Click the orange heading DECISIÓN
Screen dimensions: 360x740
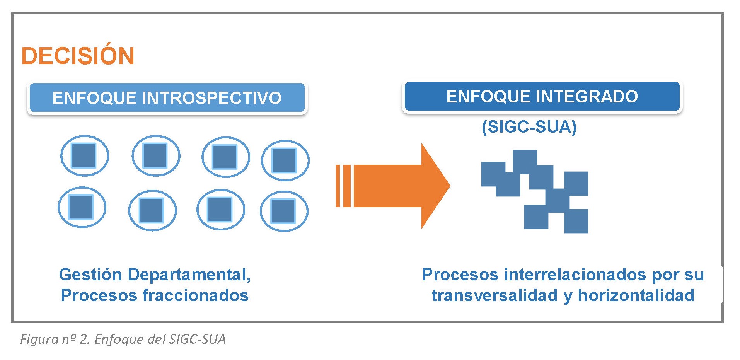pos(78,56)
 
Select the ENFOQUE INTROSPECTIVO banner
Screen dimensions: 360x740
pos(167,98)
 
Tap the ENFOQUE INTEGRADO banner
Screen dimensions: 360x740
pos(542,96)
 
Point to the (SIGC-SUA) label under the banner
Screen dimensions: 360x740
pos(529,127)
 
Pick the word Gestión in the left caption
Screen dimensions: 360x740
pos(90,275)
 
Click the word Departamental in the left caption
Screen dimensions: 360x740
pos(189,275)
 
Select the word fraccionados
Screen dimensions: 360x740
pos(196,295)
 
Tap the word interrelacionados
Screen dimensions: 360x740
pos(575,275)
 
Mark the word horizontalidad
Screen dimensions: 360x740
pos(636,295)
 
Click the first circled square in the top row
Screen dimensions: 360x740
pos(84,156)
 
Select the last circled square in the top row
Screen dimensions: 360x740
pos(285,160)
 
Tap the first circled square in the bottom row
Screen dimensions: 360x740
pos(82,207)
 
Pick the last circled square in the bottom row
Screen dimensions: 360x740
pos(284,211)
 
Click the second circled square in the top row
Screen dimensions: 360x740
pos(155,155)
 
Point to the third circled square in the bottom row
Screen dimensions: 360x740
pos(220,210)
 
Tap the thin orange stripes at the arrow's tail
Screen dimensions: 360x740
pos(343,186)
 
